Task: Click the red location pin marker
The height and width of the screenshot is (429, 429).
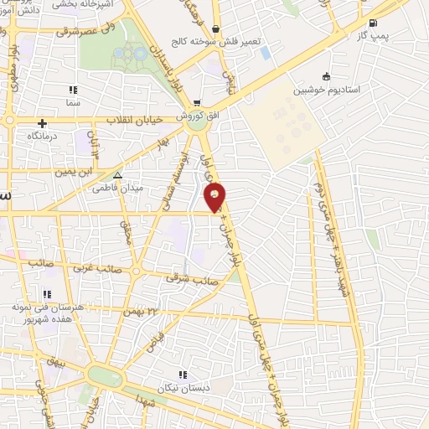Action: [x=215, y=196]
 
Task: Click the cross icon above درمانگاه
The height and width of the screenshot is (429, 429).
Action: [x=42, y=123]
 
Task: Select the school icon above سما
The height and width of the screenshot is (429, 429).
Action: [x=74, y=90]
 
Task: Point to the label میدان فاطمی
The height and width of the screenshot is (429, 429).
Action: [x=117, y=189]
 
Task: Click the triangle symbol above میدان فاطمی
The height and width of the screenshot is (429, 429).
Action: [x=117, y=176]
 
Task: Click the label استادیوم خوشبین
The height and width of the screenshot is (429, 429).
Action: [x=326, y=89]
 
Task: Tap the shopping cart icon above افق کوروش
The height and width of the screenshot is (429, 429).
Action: [x=197, y=102]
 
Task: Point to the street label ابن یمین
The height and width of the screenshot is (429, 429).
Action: [x=72, y=172]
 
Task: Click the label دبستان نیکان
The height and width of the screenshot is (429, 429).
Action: [x=183, y=389]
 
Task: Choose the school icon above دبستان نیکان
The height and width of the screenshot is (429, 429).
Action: [x=183, y=375]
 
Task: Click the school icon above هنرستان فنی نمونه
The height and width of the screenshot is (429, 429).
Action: [x=47, y=294]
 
